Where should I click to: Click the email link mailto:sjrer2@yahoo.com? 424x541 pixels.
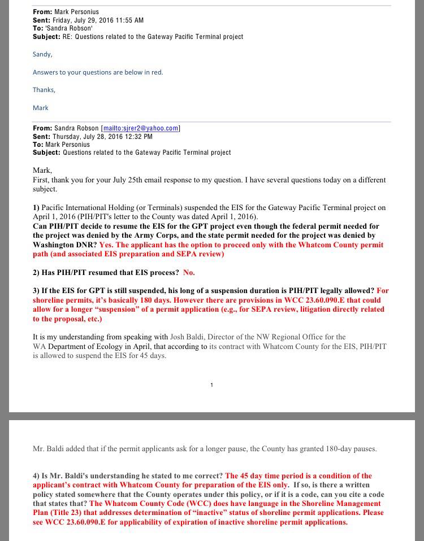coord(140,128)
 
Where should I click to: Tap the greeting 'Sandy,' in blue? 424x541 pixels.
coord(42,54)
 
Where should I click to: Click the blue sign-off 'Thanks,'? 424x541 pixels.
coord(44,90)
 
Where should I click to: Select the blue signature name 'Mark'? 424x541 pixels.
coord(41,108)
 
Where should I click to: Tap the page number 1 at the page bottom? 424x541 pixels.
coord(211,385)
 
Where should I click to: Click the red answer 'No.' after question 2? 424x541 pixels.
coord(189,272)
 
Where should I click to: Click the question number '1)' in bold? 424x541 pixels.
coord(36,208)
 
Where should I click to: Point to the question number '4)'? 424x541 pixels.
coord(36,475)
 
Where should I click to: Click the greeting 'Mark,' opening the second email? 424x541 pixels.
coord(42,170)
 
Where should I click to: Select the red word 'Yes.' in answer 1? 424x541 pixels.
coord(106,245)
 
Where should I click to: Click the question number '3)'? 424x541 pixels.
coord(36,290)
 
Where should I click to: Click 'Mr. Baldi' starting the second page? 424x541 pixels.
coord(47,449)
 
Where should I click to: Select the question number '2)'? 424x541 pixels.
coord(36,272)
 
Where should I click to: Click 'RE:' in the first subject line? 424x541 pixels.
coord(68,37)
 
